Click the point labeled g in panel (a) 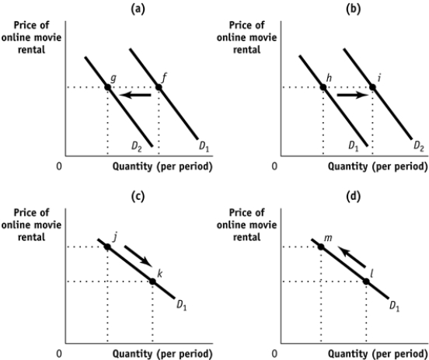coord(107,86)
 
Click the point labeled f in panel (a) coord(159,86)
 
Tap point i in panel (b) coord(372,86)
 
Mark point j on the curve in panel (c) coord(107,246)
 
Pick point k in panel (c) coord(152,281)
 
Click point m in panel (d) coord(321,246)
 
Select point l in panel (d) coord(366,281)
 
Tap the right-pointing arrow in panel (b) coord(347,95)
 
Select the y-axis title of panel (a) coord(30,33)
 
